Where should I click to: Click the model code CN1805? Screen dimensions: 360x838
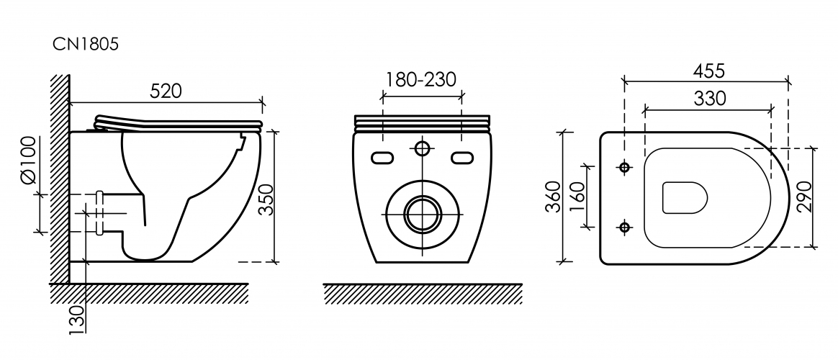85,45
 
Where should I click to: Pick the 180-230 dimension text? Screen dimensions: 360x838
421,79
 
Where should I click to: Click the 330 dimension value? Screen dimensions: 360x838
709,98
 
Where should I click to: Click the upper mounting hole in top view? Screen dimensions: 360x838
624,167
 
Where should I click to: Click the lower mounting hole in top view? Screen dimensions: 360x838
624,228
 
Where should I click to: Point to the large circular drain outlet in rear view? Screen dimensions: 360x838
421,212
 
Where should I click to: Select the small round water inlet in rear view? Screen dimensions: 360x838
422,150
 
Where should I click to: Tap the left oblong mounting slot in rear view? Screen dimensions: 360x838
382,158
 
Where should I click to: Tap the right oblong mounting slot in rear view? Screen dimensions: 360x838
461,158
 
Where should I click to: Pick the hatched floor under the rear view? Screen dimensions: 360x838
421,294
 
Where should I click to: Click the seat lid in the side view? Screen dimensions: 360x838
180,122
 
